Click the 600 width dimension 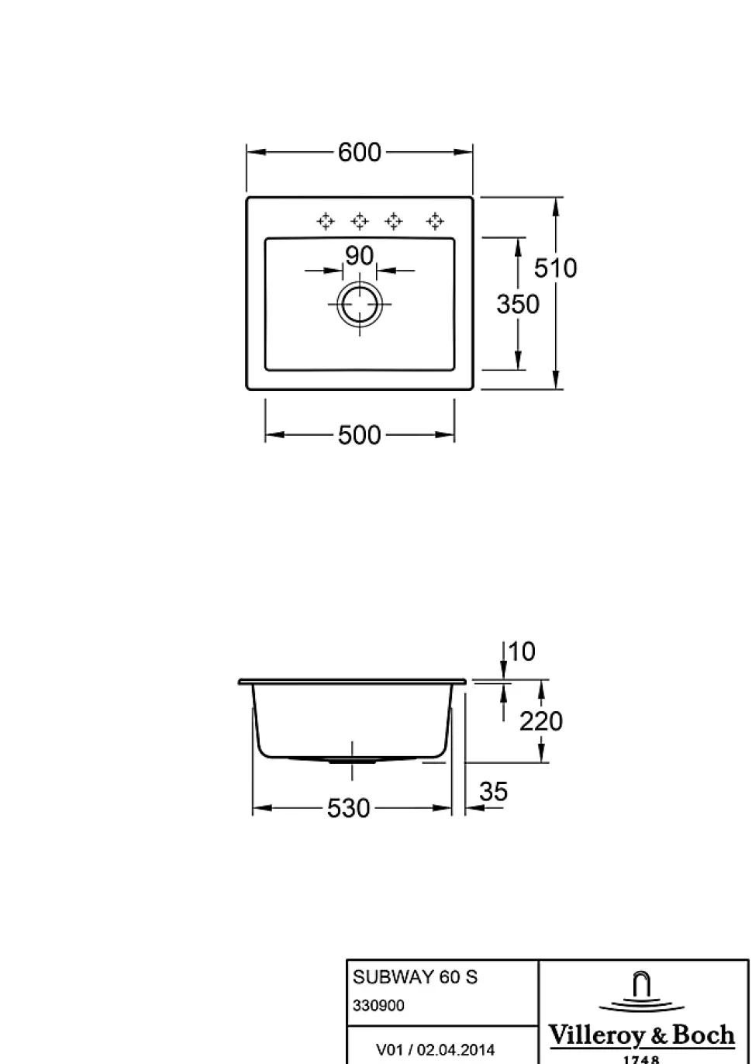(x=360, y=153)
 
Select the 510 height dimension (x=555, y=268)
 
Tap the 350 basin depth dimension (x=518, y=304)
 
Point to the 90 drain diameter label (x=360, y=256)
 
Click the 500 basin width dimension (x=360, y=435)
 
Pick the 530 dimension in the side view (x=348, y=808)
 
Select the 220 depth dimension (x=541, y=721)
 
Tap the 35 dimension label (x=494, y=792)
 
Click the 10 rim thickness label (x=522, y=651)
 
